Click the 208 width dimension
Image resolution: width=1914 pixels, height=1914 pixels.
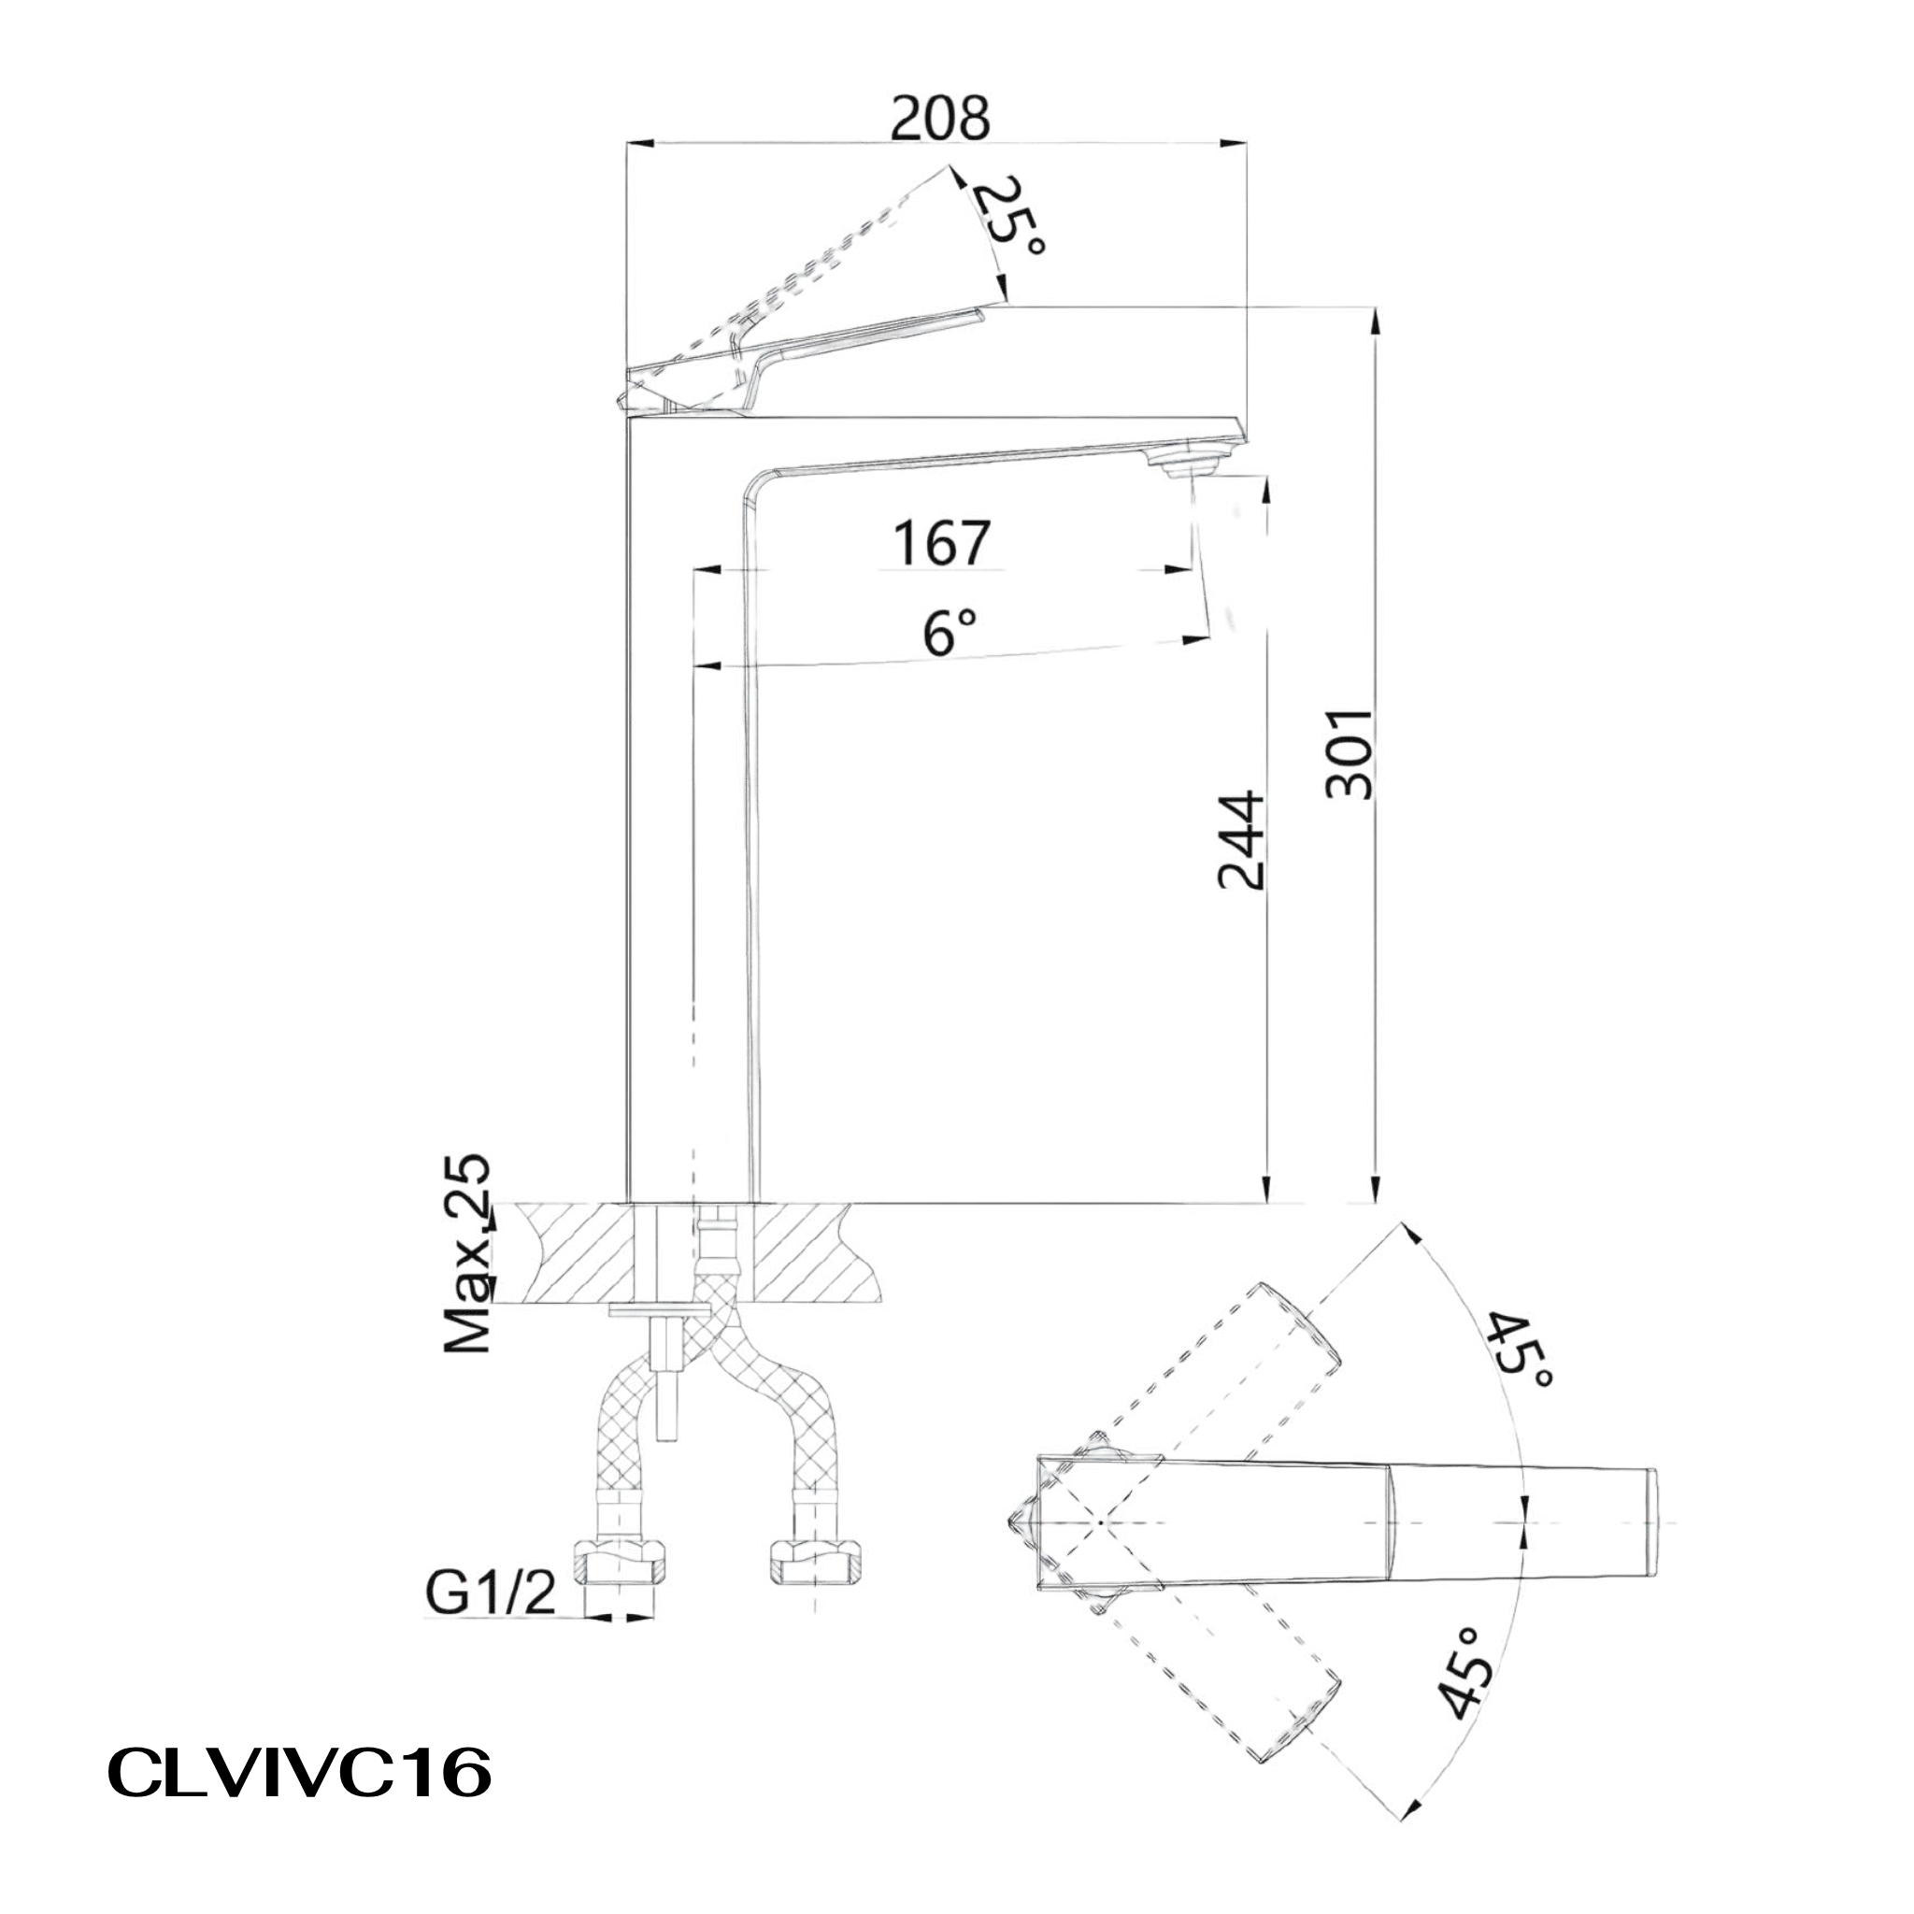click(x=939, y=120)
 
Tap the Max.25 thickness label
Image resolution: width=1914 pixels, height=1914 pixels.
click(x=466, y=1252)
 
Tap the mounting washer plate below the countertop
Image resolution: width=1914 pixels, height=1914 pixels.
click(x=660, y=1313)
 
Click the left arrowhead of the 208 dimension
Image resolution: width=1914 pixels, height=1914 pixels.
click(x=639, y=145)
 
